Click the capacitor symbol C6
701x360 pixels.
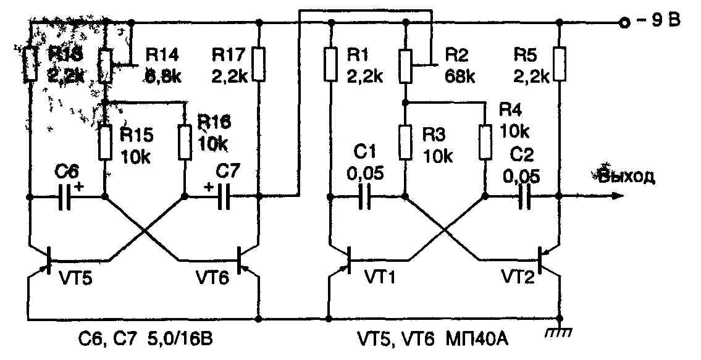tap(65, 198)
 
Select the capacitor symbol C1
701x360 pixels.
tap(364, 198)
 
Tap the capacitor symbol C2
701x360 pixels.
tap(524, 198)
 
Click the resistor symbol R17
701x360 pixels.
tap(259, 65)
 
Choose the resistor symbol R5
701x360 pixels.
tap(560, 65)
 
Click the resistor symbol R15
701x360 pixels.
tap(105, 142)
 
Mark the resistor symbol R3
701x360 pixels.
tap(405, 142)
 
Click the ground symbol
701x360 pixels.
tap(560, 332)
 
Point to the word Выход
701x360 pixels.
tap(626, 177)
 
